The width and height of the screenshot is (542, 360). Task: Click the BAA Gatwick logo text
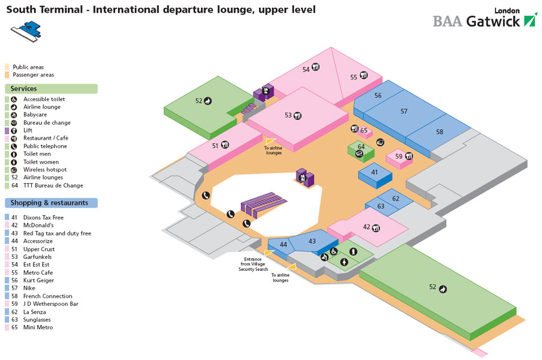coord(478,21)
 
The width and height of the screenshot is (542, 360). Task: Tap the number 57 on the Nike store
coord(403,111)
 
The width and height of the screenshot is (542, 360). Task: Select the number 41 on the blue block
coord(375,172)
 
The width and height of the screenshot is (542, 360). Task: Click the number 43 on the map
coord(312,241)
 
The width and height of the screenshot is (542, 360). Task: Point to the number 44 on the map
coord(284,244)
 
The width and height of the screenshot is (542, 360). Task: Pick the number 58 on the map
coord(440,132)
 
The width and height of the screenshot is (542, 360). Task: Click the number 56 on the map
coord(378,96)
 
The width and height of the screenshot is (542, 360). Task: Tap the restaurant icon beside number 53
coord(297,116)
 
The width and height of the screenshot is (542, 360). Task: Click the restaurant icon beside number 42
coord(376,228)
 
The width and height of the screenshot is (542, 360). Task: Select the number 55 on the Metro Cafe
coord(354,76)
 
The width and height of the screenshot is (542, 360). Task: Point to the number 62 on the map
coord(396,199)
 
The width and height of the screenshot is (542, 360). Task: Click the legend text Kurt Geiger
coord(39,281)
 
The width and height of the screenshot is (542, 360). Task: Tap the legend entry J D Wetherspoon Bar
coord(51,304)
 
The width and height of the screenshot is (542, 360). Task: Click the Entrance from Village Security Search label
coord(253,264)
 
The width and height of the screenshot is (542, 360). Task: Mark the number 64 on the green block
coord(361,147)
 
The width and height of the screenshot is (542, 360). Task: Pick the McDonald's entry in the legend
coord(37,226)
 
